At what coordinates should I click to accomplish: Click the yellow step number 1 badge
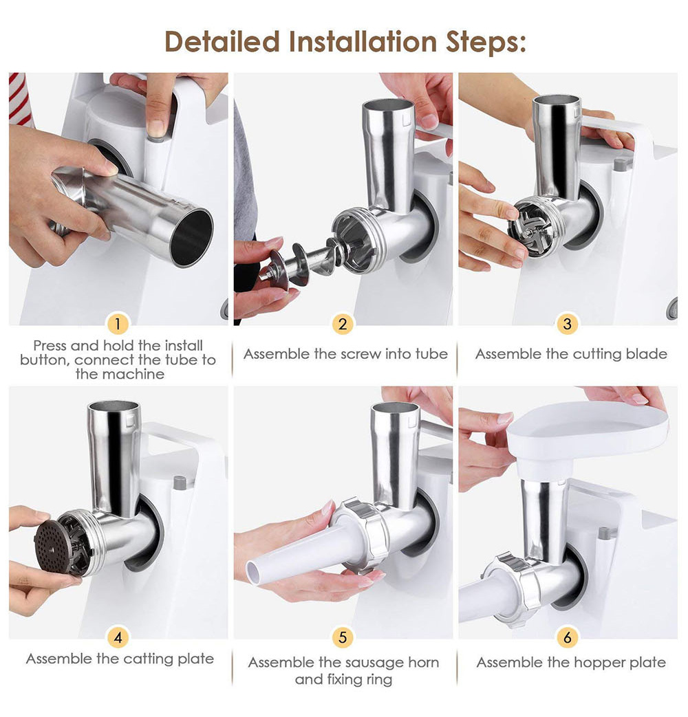click(x=118, y=324)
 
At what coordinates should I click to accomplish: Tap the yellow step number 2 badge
click(x=343, y=324)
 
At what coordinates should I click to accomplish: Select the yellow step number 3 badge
click(x=567, y=324)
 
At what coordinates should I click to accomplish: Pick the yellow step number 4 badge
click(x=118, y=637)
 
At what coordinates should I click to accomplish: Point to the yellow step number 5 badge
click(x=343, y=637)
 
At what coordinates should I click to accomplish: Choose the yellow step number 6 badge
click(x=567, y=637)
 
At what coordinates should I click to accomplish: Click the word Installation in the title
click(x=363, y=42)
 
